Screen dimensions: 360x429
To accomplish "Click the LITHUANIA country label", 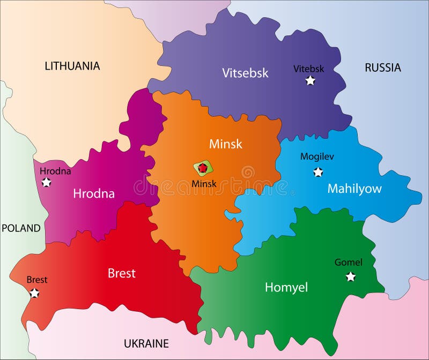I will coord(72,66).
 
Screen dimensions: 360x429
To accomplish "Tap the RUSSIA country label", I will coord(382,67).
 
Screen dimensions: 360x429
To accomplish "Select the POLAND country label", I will coord(21,228).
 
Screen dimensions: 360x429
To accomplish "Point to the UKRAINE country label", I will coord(146,343).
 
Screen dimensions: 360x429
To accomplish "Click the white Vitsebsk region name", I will coord(245,73).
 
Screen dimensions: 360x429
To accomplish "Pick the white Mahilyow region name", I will coord(354,189).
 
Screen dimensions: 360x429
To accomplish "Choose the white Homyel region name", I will coord(286,287).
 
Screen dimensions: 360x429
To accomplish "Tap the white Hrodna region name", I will coord(94,193).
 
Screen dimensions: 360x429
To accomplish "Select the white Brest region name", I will coord(122,273).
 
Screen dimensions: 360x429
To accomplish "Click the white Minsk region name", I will coord(225,144).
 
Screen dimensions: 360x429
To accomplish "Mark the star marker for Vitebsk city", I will coord(310,81).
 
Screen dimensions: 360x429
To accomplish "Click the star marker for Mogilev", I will coord(318,172).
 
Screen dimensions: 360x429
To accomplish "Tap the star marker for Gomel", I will coord(351,276).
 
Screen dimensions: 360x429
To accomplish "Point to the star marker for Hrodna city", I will coord(47,182).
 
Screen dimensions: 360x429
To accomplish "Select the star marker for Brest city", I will coord(35,293).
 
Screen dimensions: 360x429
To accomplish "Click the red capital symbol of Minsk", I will coord(203,168).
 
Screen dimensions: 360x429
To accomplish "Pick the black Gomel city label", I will coord(348,262).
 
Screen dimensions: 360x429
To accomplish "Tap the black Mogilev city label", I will coord(317,157).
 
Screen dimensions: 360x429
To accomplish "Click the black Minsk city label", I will coord(204,184).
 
